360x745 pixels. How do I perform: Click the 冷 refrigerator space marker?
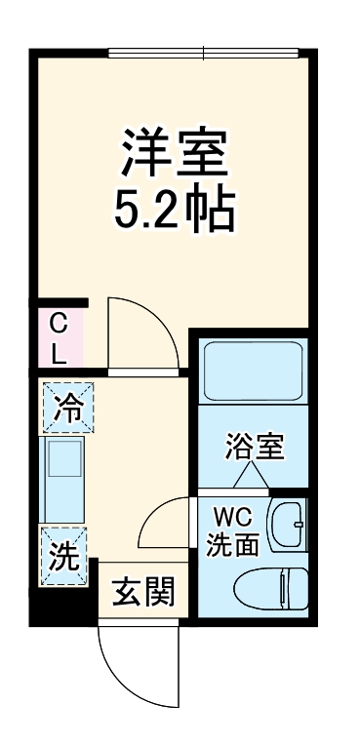(x=66, y=407)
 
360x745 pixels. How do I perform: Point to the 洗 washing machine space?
(x=64, y=557)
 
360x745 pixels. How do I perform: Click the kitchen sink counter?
(x=65, y=481)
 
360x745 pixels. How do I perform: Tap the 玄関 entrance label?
(x=141, y=591)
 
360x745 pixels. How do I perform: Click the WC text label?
(x=230, y=514)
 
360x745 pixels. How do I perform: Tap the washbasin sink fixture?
(x=289, y=526)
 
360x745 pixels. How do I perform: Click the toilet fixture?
(x=275, y=587)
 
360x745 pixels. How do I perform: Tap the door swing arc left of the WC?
(x=166, y=525)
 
